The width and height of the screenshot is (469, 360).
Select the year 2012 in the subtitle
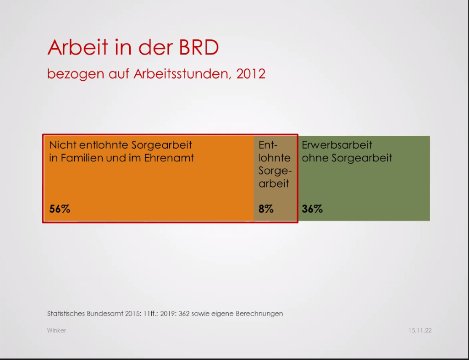pyautogui.click(x=251, y=74)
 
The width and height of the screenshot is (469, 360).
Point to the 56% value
pyautogui.click(x=60, y=209)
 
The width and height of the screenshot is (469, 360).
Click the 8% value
pyautogui.click(x=266, y=209)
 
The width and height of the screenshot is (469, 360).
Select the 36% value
pyautogui.click(x=312, y=209)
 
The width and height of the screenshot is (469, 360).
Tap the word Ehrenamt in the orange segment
pyautogui.click(x=171, y=158)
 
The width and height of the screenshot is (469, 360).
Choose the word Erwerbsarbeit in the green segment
pyautogui.click(x=337, y=145)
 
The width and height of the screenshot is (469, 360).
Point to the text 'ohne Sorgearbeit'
pyautogui.click(x=347, y=158)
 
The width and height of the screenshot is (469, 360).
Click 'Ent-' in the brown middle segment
pyautogui.click(x=268, y=145)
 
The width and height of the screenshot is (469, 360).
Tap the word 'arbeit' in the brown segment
pyautogui.click(x=274, y=184)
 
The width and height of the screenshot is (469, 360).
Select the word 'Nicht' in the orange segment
pyautogui.click(x=63, y=145)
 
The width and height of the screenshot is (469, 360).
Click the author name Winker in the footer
pyautogui.click(x=56, y=330)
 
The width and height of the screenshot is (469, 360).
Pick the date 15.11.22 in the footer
pyautogui.click(x=420, y=330)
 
